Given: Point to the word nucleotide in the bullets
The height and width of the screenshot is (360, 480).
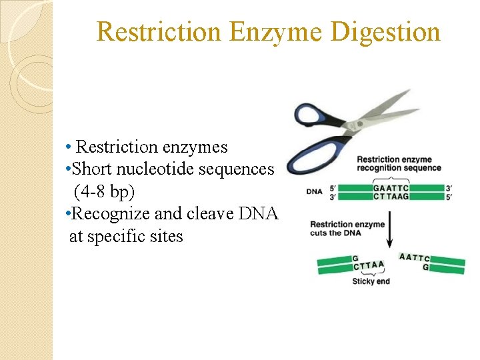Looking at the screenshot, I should (160, 169).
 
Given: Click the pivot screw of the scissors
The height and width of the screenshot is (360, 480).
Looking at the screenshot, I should (349, 125).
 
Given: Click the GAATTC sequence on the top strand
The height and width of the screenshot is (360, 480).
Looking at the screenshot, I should (391, 187).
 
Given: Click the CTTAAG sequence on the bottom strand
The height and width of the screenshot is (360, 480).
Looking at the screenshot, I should (391, 197).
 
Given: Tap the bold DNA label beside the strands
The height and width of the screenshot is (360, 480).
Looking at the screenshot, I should (315, 192).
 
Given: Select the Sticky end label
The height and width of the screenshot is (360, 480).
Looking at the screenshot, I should (371, 282).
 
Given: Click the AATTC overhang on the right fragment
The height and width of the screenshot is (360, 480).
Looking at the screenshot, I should (414, 257).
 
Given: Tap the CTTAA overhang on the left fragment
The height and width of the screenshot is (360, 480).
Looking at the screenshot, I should (369, 266).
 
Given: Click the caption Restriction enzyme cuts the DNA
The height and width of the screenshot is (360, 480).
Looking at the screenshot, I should (347, 228).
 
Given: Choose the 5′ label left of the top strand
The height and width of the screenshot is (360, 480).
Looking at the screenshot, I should (333, 187).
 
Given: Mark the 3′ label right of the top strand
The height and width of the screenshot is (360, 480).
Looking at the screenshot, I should (451, 187).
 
